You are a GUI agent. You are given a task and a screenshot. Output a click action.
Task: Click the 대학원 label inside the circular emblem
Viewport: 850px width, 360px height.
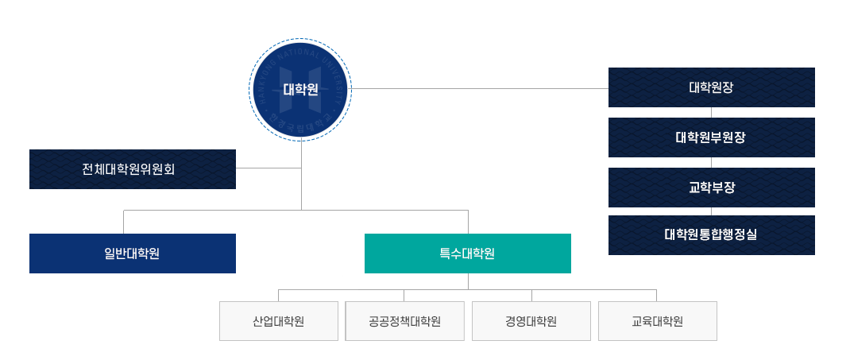coord(299,90)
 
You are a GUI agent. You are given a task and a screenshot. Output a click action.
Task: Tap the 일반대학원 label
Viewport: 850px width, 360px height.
coord(132,254)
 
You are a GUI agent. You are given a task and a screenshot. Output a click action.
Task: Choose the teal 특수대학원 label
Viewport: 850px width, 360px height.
coord(467,254)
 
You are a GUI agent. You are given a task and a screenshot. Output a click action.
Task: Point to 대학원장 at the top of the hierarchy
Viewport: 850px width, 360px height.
coord(711,87)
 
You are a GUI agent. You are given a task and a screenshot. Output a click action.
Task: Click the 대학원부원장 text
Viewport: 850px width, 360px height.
coord(711,137)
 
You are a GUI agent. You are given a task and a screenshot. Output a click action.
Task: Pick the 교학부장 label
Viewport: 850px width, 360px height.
coord(711,188)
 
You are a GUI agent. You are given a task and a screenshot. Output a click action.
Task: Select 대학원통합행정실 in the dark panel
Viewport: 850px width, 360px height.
coord(711,234)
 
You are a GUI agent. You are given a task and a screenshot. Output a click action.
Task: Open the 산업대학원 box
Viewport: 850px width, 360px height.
coord(279,321)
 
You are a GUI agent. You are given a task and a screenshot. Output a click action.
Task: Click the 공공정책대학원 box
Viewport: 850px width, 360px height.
coord(404,321)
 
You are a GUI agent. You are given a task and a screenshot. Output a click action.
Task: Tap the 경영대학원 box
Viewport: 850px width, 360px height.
coord(531,321)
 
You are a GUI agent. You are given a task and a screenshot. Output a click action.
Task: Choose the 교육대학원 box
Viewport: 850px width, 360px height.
coord(657,321)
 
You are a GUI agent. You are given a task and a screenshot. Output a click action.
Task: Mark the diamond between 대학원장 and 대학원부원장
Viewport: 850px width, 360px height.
coord(711,111)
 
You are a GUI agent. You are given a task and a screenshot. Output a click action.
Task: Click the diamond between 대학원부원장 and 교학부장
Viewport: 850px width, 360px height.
coord(711,162)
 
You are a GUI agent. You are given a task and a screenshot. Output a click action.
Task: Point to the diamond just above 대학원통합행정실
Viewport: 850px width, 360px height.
coord(711,211)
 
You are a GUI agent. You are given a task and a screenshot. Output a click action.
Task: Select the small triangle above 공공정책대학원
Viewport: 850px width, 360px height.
coord(404,296)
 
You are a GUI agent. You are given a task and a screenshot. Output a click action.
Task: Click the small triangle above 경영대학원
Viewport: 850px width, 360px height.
coord(531,296)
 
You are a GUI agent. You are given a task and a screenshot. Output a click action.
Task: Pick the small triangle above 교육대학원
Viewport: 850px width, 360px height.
coord(657,296)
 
